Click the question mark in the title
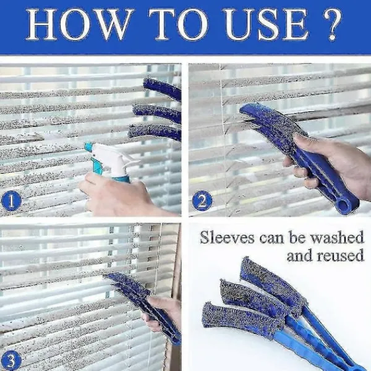332,24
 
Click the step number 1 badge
11,200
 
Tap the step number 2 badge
202,200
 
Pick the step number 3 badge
11,361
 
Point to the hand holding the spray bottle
118,194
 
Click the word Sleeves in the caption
227,238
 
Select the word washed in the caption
337,238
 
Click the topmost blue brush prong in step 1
162,88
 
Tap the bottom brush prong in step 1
154,132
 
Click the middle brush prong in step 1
156,112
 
